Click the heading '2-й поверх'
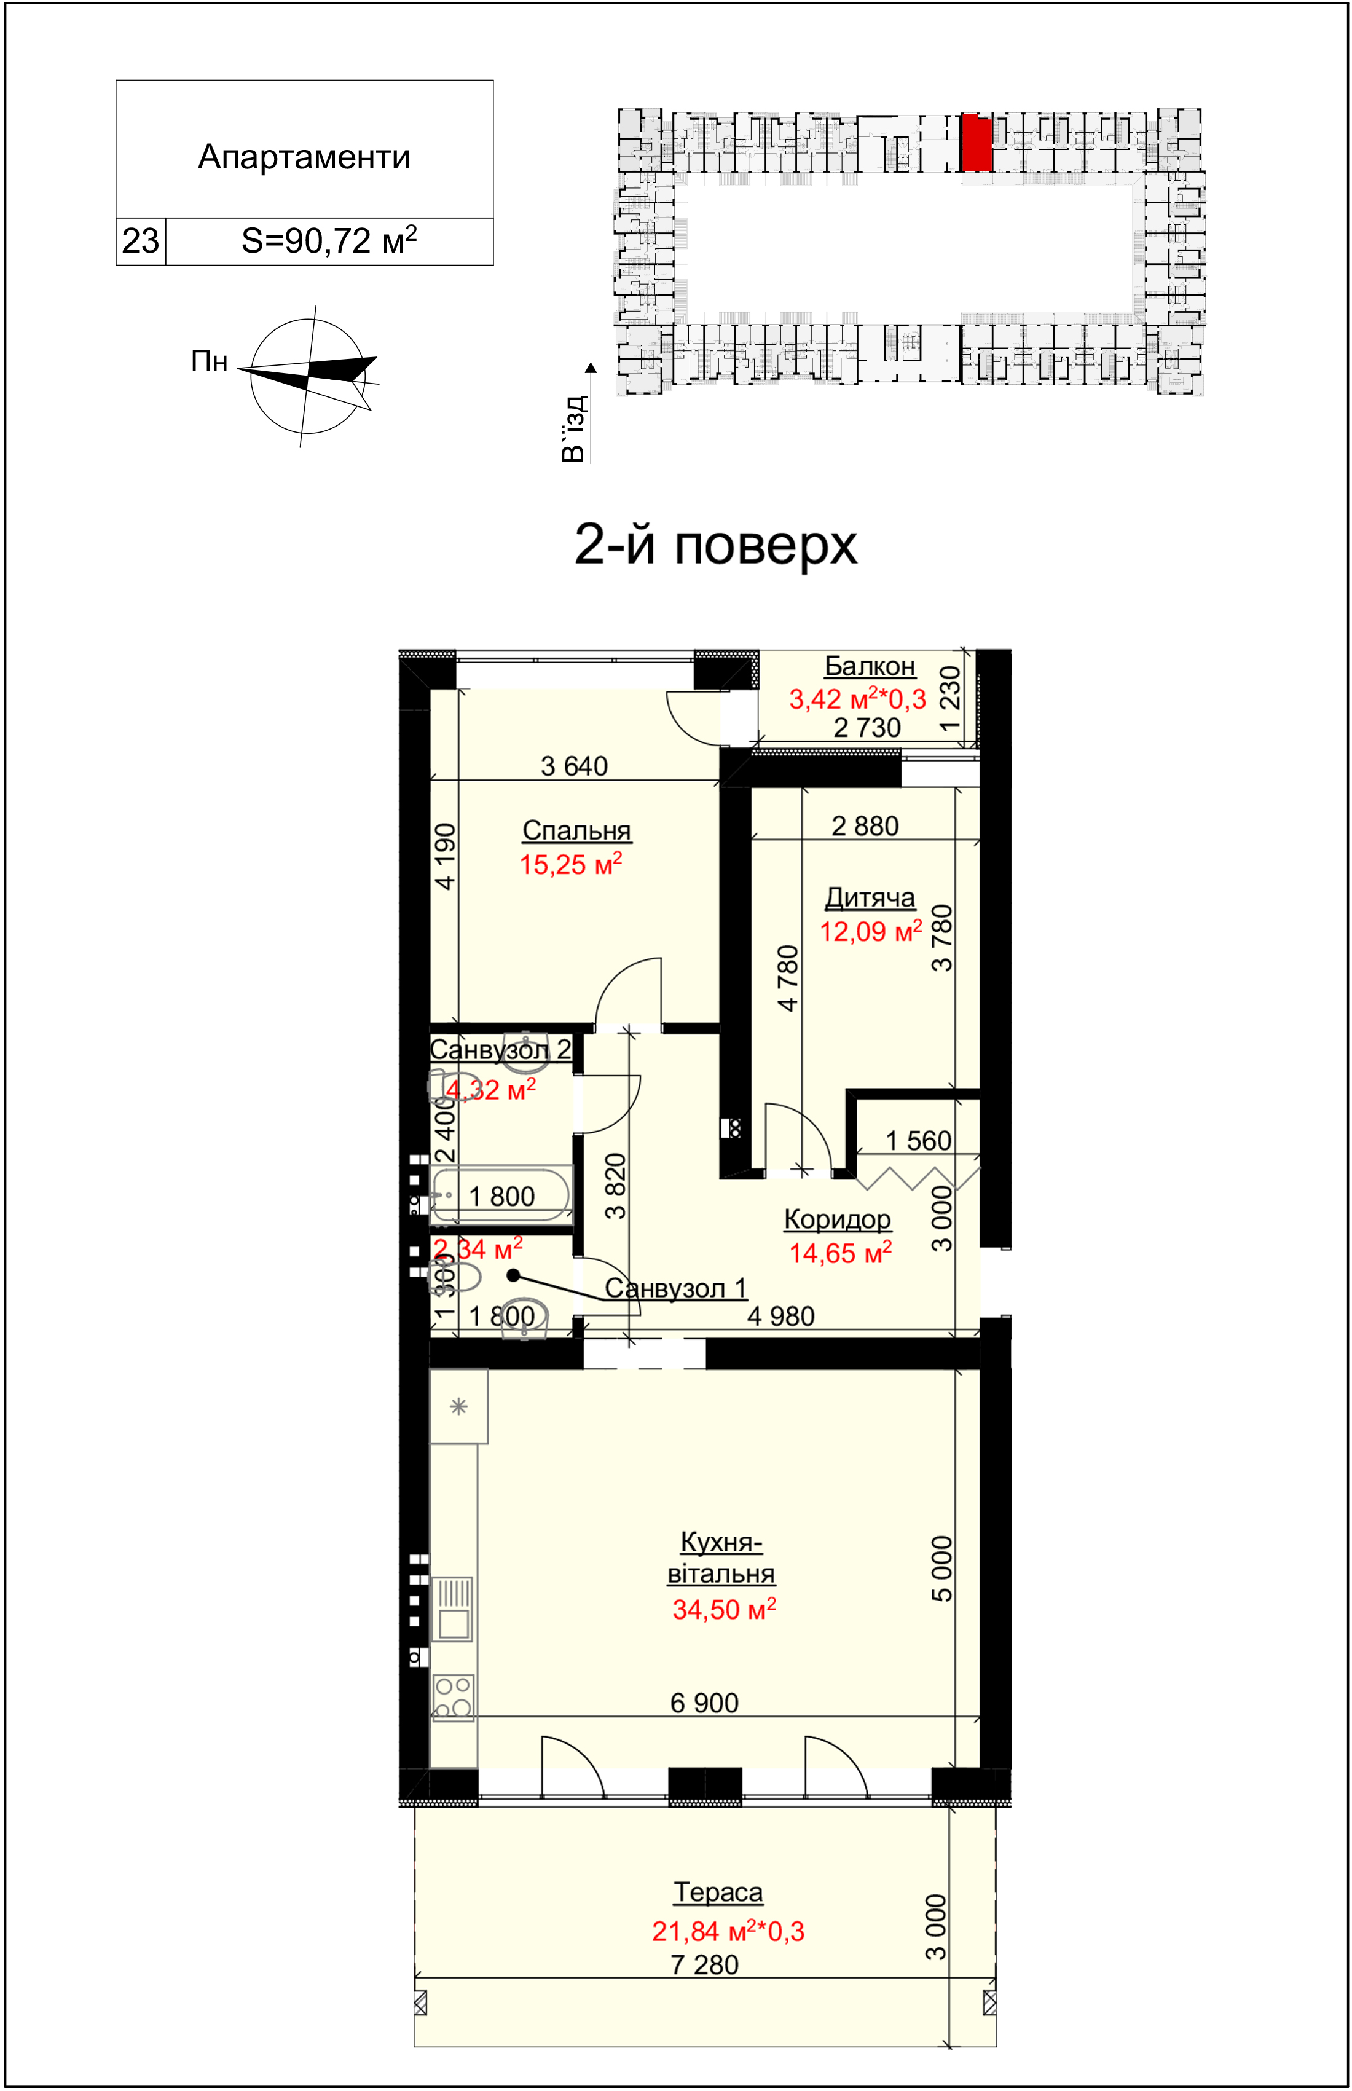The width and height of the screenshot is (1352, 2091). (715, 545)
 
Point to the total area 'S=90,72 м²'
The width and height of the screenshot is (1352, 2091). (329, 240)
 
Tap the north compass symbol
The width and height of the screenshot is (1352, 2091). (308, 376)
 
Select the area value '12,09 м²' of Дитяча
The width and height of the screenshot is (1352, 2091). (871, 931)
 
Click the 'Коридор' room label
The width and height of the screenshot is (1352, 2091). (838, 1220)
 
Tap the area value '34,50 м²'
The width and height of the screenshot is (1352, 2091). (725, 1609)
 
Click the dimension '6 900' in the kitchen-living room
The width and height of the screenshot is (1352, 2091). (704, 1703)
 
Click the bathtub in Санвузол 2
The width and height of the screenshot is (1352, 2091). (500, 1195)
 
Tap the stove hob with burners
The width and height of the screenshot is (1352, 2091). (453, 1697)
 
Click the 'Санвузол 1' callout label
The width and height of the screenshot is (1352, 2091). (676, 1289)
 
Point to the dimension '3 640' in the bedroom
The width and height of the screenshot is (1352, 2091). (574, 766)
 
